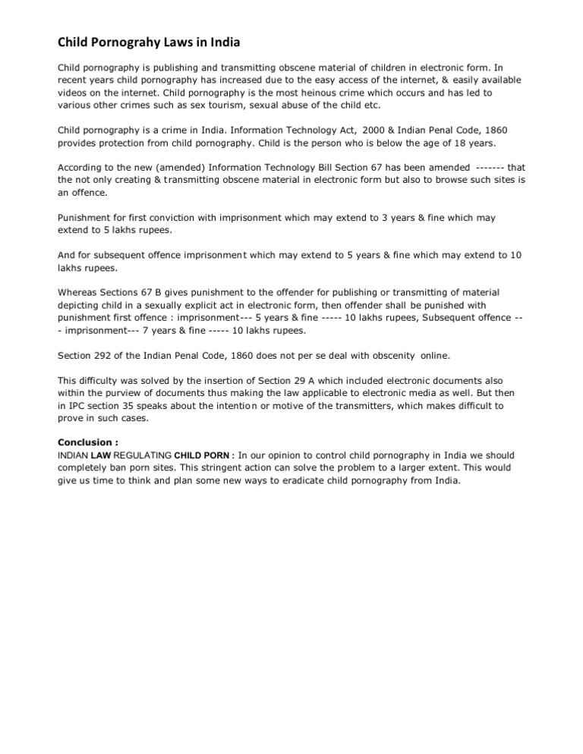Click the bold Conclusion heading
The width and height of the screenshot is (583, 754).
[87, 441]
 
